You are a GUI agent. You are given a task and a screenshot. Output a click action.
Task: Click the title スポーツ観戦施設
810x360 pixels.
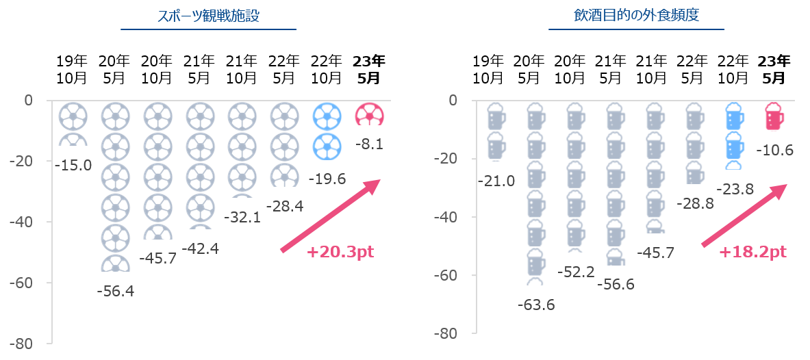coord(209,16)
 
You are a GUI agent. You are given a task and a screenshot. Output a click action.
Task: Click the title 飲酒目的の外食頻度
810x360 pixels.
coord(636,16)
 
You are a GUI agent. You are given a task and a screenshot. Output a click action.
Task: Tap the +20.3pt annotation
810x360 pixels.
coord(340,253)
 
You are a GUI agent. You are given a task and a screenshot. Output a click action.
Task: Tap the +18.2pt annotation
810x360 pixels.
coord(752,253)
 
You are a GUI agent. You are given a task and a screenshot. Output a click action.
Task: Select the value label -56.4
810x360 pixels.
coord(115,292)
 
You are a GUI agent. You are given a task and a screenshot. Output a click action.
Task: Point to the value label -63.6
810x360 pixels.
coord(536,305)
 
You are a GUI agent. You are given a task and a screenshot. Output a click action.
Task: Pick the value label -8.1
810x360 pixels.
coord(370,144)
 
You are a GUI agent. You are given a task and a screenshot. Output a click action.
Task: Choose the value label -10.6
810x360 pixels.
coord(775,151)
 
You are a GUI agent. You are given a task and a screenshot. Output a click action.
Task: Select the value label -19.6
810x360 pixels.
coord(327,179)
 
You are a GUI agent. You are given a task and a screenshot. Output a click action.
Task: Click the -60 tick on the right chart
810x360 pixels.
coord(448,275)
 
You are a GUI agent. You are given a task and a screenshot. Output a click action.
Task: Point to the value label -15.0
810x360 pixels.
coord(73,166)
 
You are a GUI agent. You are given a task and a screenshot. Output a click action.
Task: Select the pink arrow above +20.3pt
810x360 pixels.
coord(331,215)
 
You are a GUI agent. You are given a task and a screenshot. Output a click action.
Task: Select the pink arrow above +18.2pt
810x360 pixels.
coord(744,215)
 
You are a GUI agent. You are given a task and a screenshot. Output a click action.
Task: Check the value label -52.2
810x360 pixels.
coord(577,272)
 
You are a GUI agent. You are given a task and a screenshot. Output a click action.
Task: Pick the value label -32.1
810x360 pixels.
coord(243,218)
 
